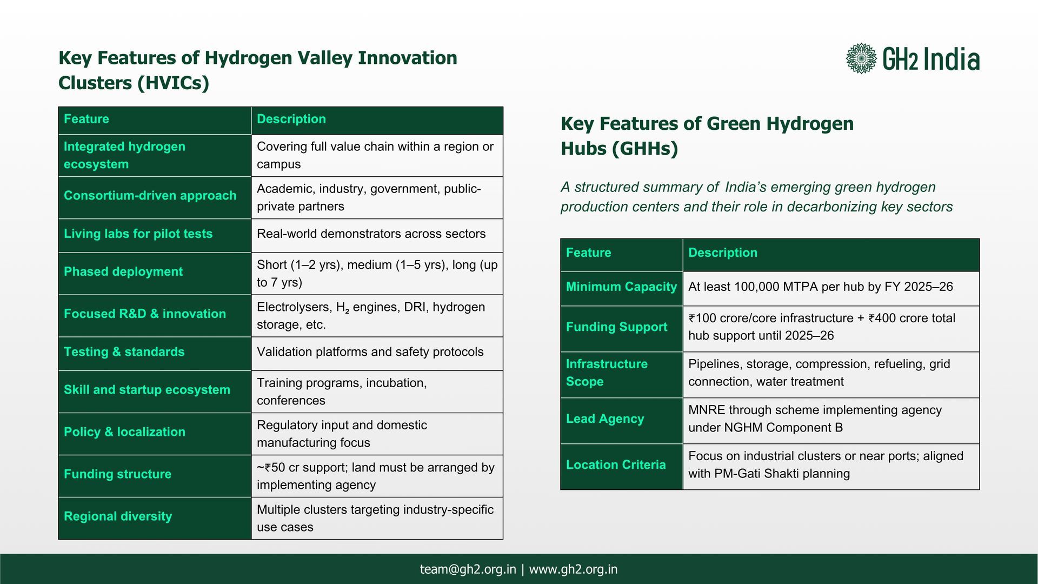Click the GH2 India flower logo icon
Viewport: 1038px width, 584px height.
point(861,58)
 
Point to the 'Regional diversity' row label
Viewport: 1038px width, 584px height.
point(118,516)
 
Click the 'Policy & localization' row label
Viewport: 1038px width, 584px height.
point(124,432)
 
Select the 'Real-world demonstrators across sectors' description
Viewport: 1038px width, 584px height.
point(371,234)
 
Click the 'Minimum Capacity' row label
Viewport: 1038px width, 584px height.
point(621,287)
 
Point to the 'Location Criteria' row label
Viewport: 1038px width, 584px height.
point(616,464)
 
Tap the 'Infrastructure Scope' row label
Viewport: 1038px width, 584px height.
point(607,373)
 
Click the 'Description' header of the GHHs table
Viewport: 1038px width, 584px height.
point(723,253)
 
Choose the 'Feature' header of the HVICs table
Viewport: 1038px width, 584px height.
point(86,119)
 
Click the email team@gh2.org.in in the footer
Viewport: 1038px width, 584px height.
point(468,569)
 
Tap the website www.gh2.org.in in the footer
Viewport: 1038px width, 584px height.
point(573,569)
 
